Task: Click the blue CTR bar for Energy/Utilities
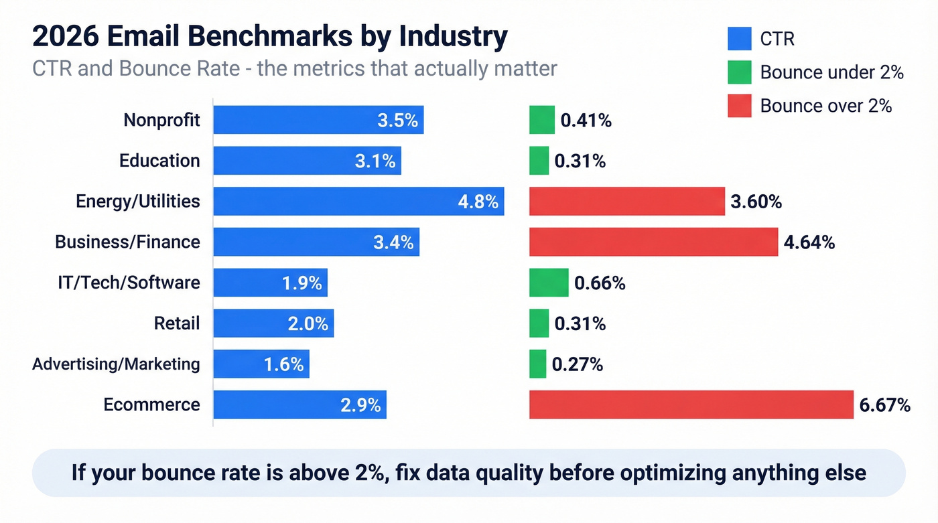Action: [358, 202]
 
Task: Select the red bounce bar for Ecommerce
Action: [691, 404]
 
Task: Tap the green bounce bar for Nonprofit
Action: [541, 121]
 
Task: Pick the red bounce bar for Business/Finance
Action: [653, 242]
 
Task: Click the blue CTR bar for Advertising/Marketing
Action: [261, 364]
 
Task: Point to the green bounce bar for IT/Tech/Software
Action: [548, 283]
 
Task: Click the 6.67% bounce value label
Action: [884, 404]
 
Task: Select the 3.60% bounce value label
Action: [756, 202]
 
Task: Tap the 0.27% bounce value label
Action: [577, 364]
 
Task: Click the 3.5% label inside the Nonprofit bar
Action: [397, 121]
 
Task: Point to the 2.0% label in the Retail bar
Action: [308, 324]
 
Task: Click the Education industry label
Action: [159, 161]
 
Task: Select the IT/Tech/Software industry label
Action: [129, 283]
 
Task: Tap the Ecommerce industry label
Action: [151, 404]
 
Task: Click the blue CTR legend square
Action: [739, 38]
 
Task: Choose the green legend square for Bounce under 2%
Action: [739, 72]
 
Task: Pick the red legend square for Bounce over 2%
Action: [739, 105]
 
